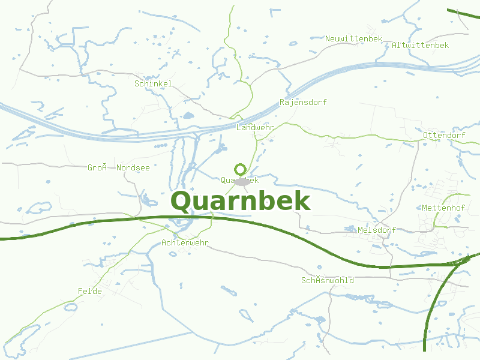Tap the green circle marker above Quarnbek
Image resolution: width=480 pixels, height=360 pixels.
[x=241, y=169]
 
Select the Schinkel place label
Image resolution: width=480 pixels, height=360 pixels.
[x=153, y=83]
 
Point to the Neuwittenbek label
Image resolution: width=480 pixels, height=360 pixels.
[x=353, y=38]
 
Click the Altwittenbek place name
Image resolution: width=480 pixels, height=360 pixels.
[x=420, y=45]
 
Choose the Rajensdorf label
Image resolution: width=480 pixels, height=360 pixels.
[x=303, y=102]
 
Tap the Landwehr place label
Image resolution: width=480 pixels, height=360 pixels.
[x=255, y=128]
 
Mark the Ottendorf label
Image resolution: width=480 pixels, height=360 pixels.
[x=444, y=135]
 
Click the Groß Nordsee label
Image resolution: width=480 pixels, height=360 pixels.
[x=118, y=167]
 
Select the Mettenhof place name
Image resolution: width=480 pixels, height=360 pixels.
[x=443, y=208]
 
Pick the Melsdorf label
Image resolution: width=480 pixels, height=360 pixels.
[x=376, y=230]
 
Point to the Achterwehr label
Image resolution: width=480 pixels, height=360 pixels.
[x=185, y=242]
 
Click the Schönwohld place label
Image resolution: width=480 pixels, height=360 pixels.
[x=327, y=280]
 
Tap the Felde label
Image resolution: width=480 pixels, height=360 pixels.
[x=89, y=291]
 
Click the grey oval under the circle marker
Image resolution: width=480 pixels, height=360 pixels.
[x=241, y=182]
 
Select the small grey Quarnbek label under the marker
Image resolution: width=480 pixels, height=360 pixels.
[x=239, y=179]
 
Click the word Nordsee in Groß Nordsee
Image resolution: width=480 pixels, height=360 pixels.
[x=133, y=167]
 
